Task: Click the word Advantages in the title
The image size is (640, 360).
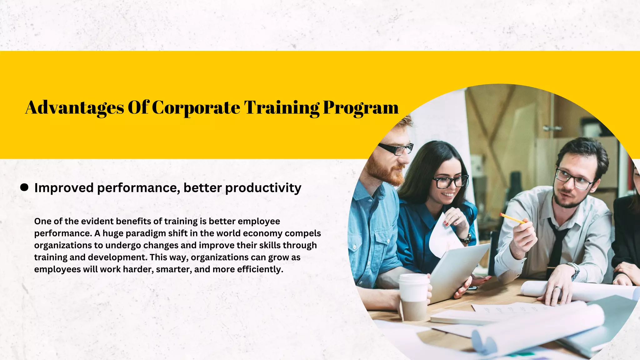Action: click(x=75, y=108)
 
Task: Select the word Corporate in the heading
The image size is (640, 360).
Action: click(x=196, y=108)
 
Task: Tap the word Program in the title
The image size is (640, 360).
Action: click(x=361, y=108)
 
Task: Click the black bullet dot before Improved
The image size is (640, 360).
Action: click(x=24, y=187)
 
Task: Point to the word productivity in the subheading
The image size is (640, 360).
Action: click(x=263, y=188)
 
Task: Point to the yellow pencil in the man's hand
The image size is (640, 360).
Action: click(x=512, y=218)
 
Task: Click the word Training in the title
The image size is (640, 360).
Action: click(x=282, y=108)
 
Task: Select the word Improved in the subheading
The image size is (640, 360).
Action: click(x=64, y=188)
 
